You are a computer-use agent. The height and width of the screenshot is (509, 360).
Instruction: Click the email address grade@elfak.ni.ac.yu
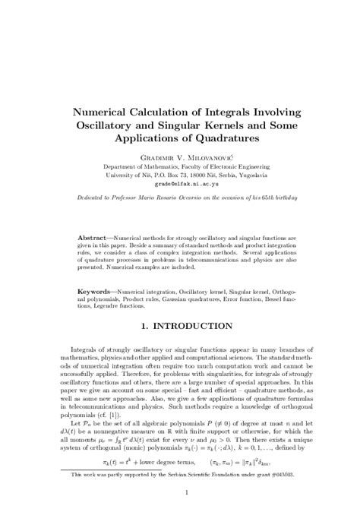pos(180,183)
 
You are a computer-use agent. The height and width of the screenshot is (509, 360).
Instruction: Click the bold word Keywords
pos(94,291)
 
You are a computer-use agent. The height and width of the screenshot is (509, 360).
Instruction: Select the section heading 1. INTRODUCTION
pos(180,327)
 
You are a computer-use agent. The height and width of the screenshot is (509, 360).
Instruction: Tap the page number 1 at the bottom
pos(180,492)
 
